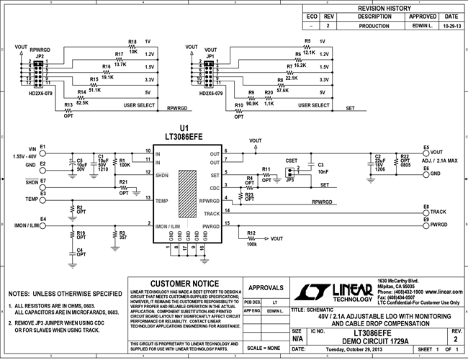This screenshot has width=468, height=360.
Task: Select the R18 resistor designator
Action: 132,41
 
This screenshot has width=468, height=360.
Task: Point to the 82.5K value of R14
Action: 83,103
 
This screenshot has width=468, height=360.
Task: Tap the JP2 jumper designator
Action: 40,55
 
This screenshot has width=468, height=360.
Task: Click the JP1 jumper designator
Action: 211,55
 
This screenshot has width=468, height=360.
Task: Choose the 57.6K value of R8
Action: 282,91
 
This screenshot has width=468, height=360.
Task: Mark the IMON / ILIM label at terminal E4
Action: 26,225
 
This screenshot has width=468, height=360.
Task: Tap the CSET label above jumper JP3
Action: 292,161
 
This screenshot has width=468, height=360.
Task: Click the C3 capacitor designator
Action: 320,165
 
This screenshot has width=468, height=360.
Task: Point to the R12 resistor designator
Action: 251,233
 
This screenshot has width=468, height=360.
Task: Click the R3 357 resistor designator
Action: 122,233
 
